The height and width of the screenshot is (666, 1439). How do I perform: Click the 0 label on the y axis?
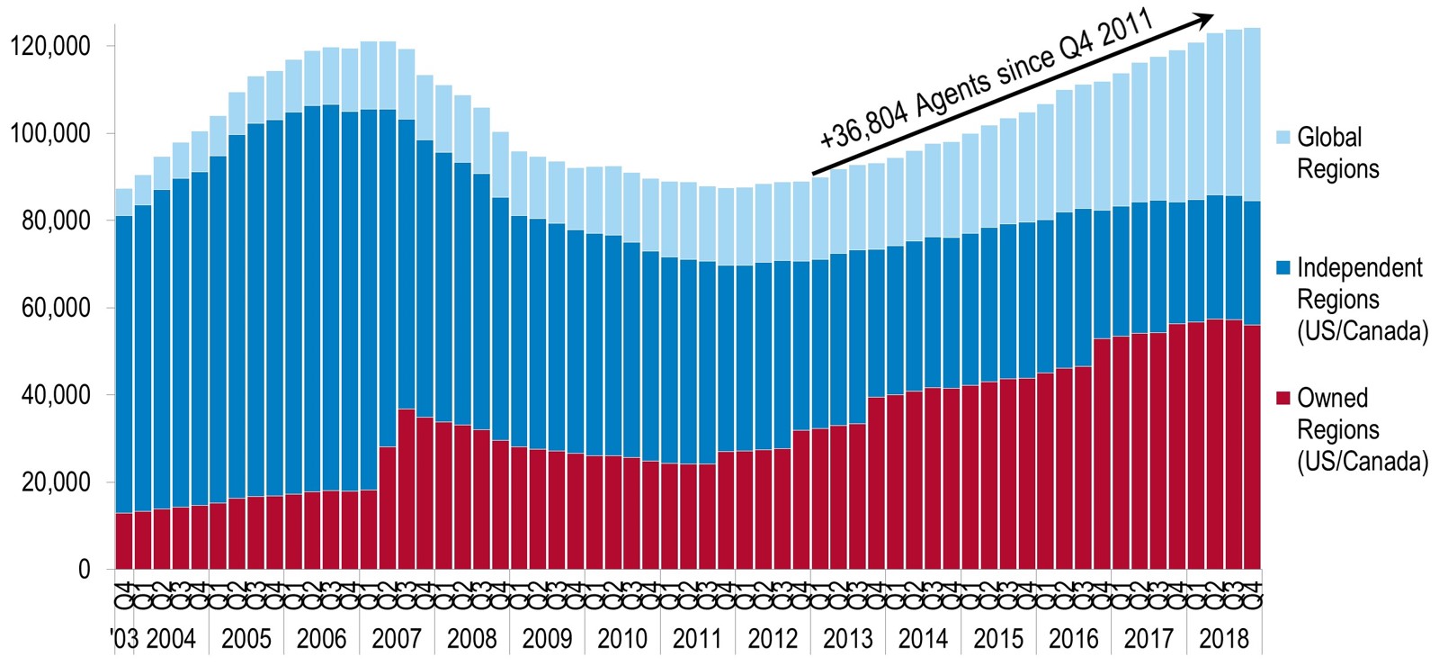pyautogui.click(x=85, y=570)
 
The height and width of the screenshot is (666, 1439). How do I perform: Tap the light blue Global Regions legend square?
pyautogui.click(x=1283, y=138)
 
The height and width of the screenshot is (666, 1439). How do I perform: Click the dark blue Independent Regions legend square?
pyautogui.click(x=1283, y=267)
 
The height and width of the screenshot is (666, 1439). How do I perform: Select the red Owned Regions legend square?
pyautogui.click(x=1283, y=398)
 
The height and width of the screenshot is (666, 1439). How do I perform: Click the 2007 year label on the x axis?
pyautogui.click(x=397, y=639)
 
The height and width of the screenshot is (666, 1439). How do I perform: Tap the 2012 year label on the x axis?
pyautogui.click(x=773, y=639)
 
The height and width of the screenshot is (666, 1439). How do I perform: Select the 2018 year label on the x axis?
pyautogui.click(x=1224, y=639)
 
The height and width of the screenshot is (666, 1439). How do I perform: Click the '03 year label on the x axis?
pyautogui.click(x=124, y=639)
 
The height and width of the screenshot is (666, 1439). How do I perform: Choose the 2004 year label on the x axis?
pyautogui.click(x=171, y=639)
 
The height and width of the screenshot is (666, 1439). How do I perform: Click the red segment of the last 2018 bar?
pyautogui.click(x=1251, y=446)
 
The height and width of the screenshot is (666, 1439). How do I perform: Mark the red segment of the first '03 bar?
pyautogui.click(x=124, y=541)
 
